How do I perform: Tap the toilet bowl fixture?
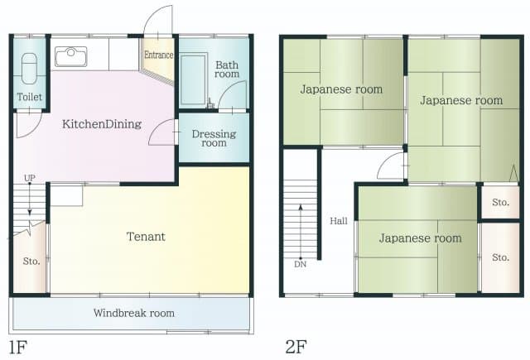click(29, 67)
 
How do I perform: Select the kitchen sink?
click(71, 56)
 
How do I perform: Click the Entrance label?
click(158, 55)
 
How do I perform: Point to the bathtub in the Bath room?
click(195, 79)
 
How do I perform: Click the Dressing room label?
click(214, 138)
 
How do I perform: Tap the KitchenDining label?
click(102, 124)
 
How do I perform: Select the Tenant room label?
click(146, 237)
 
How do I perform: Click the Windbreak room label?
click(133, 314)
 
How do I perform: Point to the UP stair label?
click(30, 179)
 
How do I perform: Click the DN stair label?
click(299, 265)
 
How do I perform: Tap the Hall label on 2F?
click(339, 221)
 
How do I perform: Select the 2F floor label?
click(296, 344)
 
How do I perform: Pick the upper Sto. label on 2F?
click(500, 202)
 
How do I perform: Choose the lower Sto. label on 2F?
click(500, 257)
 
